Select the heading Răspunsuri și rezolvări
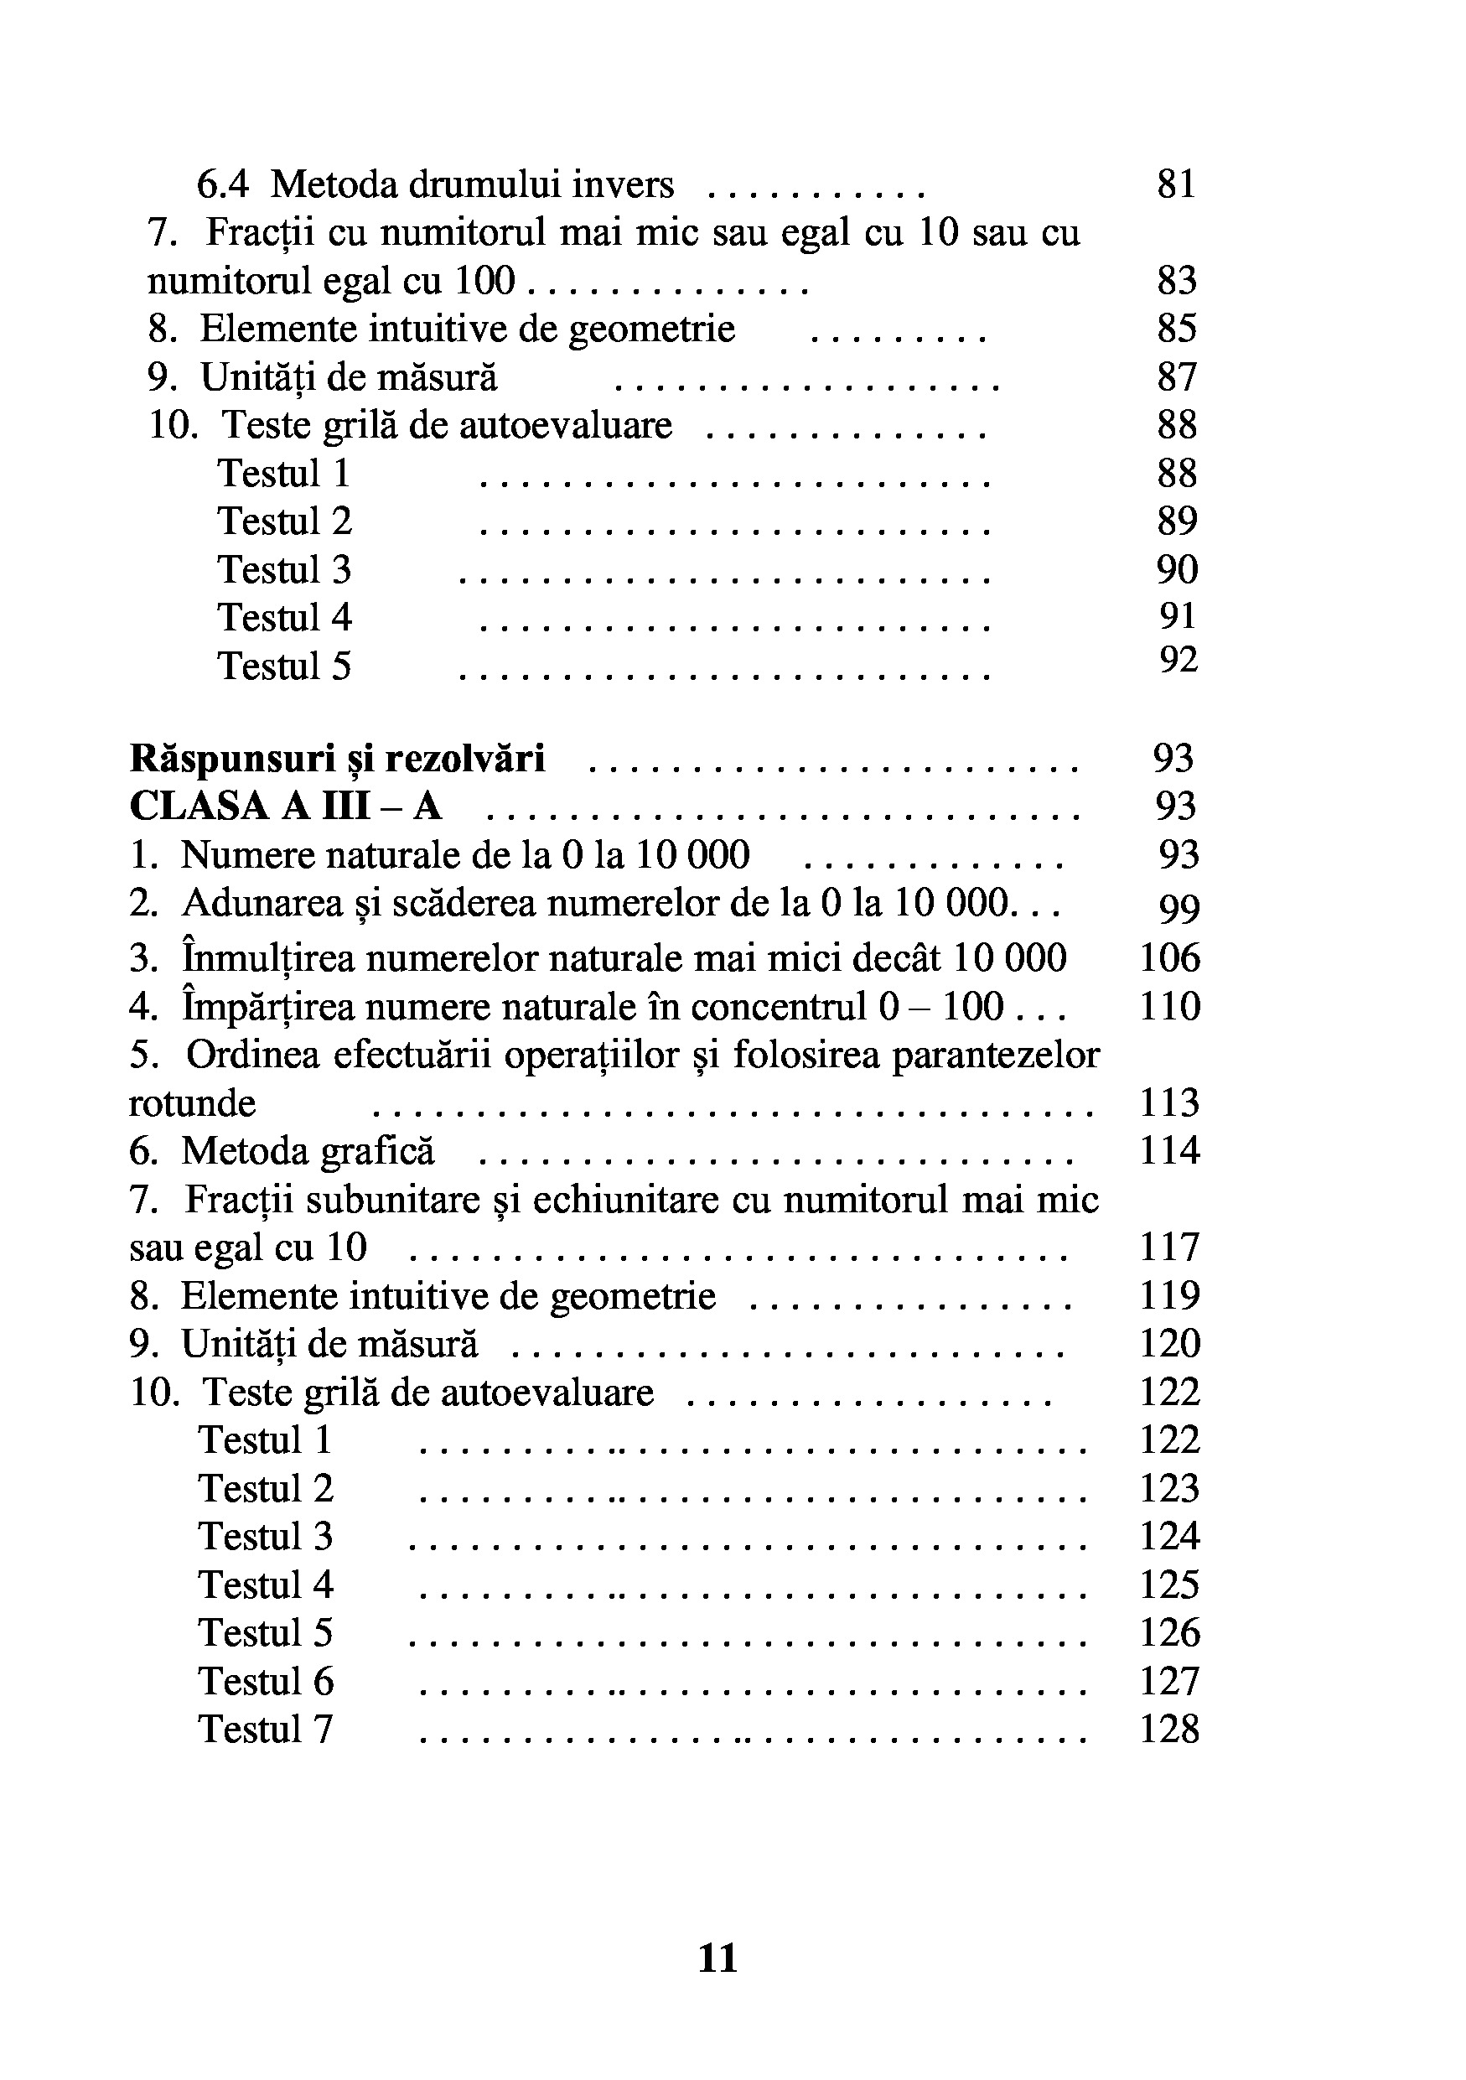pyautogui.click(x=338, y=758)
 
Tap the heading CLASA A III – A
pyautogui.click(x=285, y=807)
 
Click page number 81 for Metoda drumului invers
pyautogui.click(x=1176, y=184)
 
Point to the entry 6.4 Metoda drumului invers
pyautogui.click(x=436, y=184)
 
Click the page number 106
pyautogui.click(x=1169, y=957)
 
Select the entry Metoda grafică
pyautogui.click(x=307, y=1151)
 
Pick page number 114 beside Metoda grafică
pyautogui.click(x=1169, y=1150)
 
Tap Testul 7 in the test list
pyautogui.click(x=266, y=1730)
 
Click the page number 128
pyautogui.click(x=1169, y=1730)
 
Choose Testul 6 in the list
pyautogui.click(x=266, y=1682)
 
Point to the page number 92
pyautogui.click(x=1178, y=661)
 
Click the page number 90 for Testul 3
pyautogui.click(x=1177, y=570)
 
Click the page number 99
pyautogui.click(x=1179, y=908)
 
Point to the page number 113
pyautogui.click(x=1169, y=1103)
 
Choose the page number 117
pyautogui.click(x=1169, y=1247)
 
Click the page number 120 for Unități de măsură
pyautogui.click(x=1169, y=1343)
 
